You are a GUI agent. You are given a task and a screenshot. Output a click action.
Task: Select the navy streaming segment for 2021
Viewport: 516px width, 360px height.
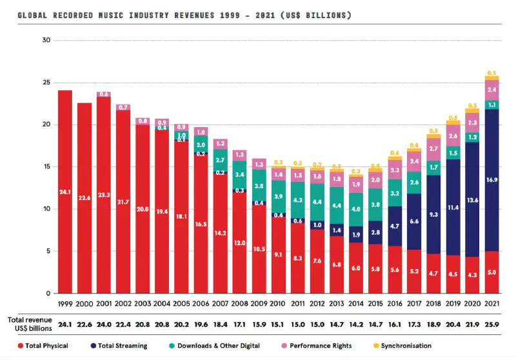(491, 180)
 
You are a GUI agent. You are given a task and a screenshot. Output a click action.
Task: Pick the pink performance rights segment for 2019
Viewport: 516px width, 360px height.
(453, 135)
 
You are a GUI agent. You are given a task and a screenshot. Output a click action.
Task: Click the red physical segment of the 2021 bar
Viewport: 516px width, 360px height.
(491, 272)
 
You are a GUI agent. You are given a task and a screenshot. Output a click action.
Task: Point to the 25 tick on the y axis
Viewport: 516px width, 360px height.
(45, 83)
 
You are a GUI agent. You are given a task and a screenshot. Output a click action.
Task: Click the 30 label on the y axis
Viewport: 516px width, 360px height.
(45, 40)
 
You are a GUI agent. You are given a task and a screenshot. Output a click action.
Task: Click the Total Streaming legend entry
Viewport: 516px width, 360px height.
(123, 346)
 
